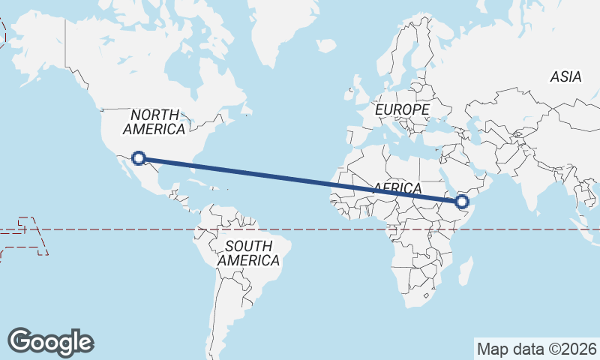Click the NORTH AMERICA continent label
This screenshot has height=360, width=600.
154,122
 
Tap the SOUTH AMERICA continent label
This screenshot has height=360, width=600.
248,253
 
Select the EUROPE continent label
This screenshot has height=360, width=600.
402,110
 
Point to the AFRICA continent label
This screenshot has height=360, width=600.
397,187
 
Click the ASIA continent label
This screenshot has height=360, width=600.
565,76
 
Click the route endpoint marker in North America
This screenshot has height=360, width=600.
138,157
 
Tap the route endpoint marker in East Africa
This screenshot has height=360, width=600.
462,201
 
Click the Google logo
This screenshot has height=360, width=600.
50,341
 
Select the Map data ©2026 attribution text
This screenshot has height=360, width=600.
536,349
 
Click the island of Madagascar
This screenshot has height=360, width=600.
466,271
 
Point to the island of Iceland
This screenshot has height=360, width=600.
326,46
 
